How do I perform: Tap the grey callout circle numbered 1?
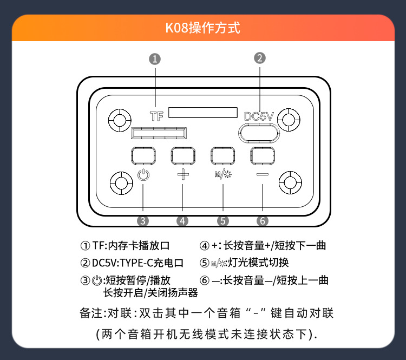[x=155, y=59]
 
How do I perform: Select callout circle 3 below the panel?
[x=142, y=221]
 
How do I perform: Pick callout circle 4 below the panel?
[x=182, y=221]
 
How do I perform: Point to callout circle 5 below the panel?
[x=223, y=221]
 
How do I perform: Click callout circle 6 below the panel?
[x=263, y=221]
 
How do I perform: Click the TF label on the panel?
[x=156, y=116]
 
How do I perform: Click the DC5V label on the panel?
[x=260, y=116]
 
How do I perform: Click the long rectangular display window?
[x=203, y=113]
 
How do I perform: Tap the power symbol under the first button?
[x=142, y=175]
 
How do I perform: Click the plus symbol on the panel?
[x=184, y=175]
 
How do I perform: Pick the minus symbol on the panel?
[x=263, y=175]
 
